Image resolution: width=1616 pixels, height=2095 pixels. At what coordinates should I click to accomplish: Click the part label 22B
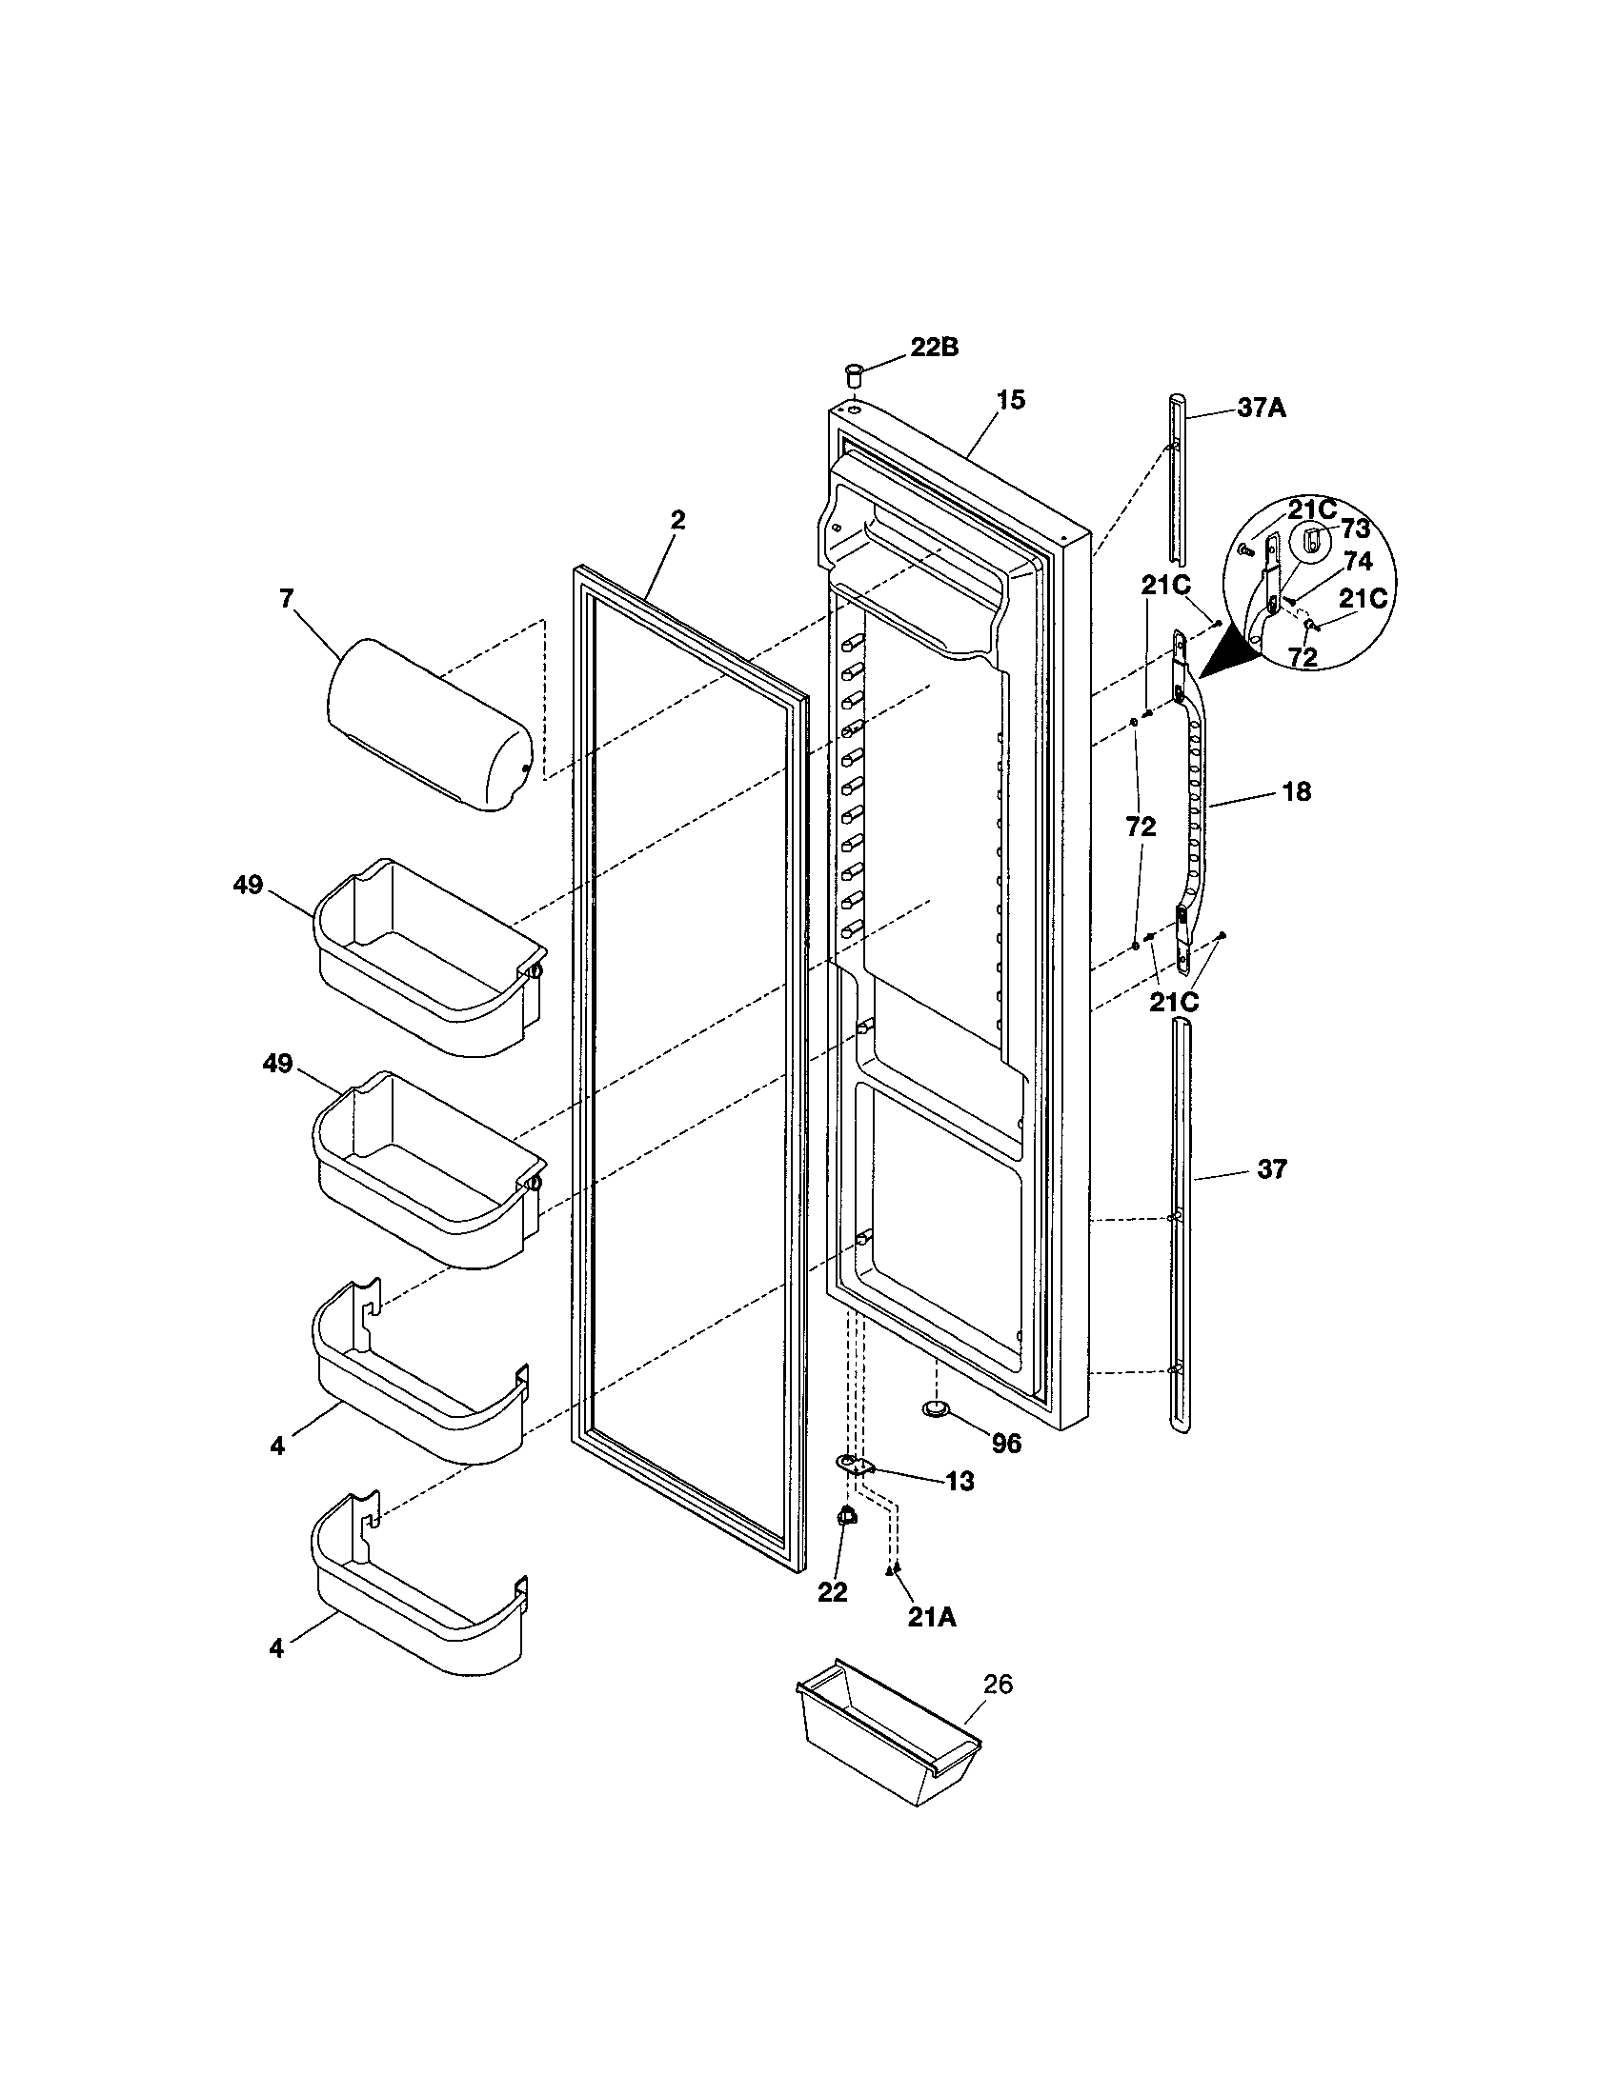(934, 348)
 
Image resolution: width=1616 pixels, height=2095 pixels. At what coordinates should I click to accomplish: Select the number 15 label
(1011, 400)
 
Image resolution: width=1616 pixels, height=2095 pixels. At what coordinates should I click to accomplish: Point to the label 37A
(1261, 408)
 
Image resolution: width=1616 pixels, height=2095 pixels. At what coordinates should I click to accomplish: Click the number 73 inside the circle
(1355, 529)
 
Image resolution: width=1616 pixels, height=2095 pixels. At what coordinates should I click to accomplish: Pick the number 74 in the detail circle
(1358, 561)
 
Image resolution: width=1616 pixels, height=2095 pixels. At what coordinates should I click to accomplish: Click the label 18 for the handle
(1296, 791)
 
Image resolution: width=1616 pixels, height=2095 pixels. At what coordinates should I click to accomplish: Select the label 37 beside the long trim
(1271, 1168)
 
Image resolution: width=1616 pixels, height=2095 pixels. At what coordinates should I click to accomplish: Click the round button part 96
(935, 1407)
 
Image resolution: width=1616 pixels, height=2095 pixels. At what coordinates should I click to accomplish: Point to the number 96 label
(1005, 1443)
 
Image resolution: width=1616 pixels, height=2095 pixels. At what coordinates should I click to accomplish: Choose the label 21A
(932, 1617)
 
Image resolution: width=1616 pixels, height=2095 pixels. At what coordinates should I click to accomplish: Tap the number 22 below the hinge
(832, 1592)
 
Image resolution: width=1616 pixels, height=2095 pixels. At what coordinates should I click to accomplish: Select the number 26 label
(998, 1685)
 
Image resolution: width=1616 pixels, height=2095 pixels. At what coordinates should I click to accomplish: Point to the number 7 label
(286, 599)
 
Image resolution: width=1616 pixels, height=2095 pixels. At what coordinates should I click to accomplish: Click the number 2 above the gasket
(677, 520)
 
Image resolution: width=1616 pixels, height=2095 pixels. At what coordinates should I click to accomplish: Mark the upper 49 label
(248, 885)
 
